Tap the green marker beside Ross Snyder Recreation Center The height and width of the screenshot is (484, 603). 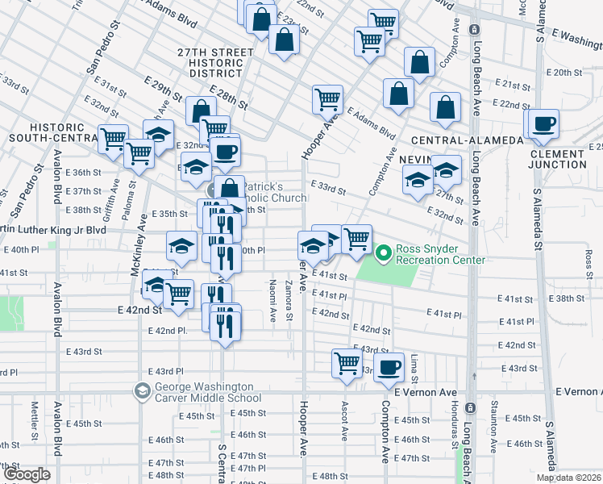[x=383, y=253]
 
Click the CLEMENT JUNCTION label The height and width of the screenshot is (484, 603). [x=557, y=159]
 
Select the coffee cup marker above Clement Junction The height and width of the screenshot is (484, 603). [x=544, y=123]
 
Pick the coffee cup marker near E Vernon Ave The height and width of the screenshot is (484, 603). [x=390, y=366]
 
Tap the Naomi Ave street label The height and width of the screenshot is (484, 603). [x=273, y=303]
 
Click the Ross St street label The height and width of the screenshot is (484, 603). [x=589, y=260]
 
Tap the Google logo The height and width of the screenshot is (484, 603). [x=27, y=474]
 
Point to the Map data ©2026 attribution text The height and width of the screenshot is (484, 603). [x=568, y=478]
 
